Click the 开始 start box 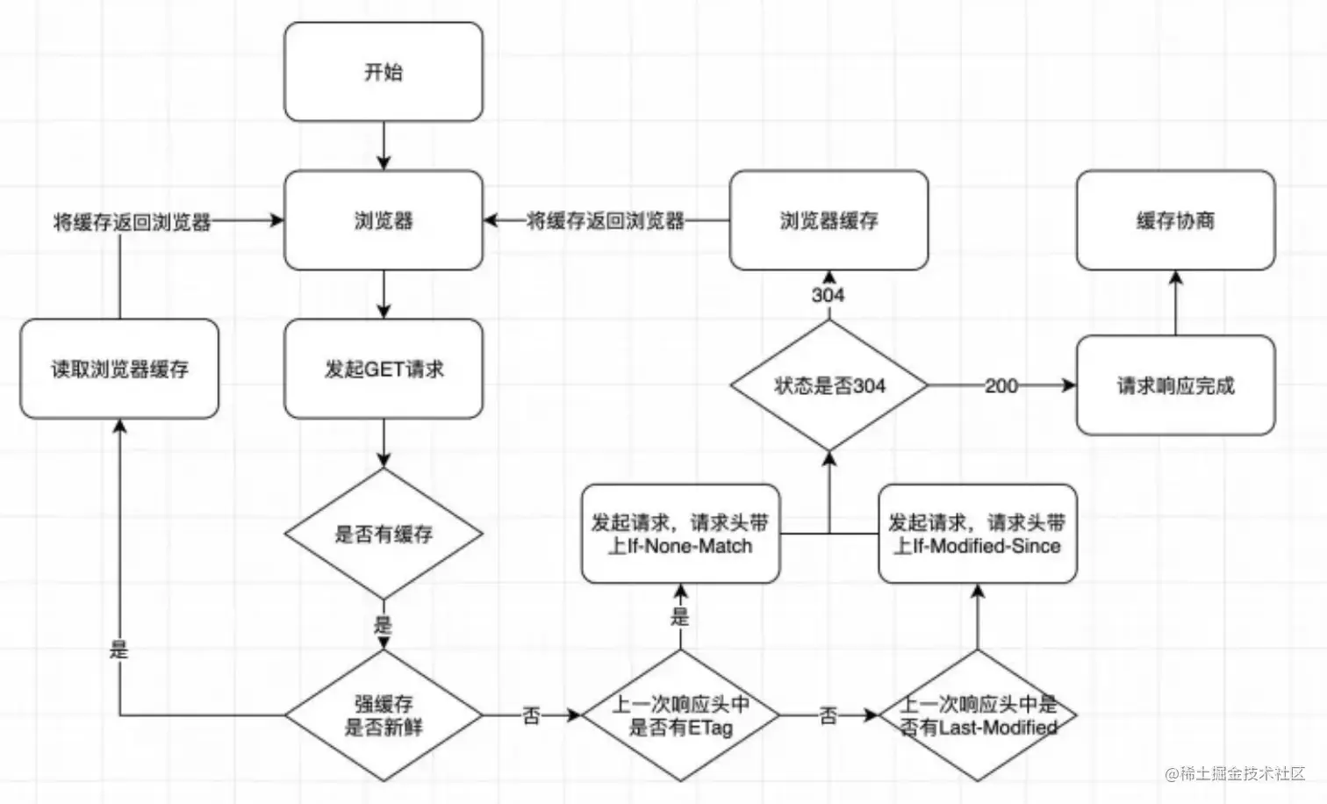[384, 72]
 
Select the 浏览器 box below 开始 [384, 220]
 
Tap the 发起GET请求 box [384, 369]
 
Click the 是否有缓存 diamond [384, 534]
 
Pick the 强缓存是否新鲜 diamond [384, 715]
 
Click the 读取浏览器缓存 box [119, 369]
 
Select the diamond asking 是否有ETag [680, 715]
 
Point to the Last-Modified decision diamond [978, 715]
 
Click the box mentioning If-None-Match [680, 534]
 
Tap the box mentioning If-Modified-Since [978, 534]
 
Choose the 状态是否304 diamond [829, 385]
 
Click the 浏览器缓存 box [828, 220]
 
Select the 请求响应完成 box [1175, 385]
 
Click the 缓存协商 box [1175, 220]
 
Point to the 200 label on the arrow [1001, 385]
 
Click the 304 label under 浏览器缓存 [828, 295]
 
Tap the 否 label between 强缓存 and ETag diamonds [531, 715]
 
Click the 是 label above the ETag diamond [680, 616]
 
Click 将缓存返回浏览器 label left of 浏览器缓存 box [606, 221]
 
